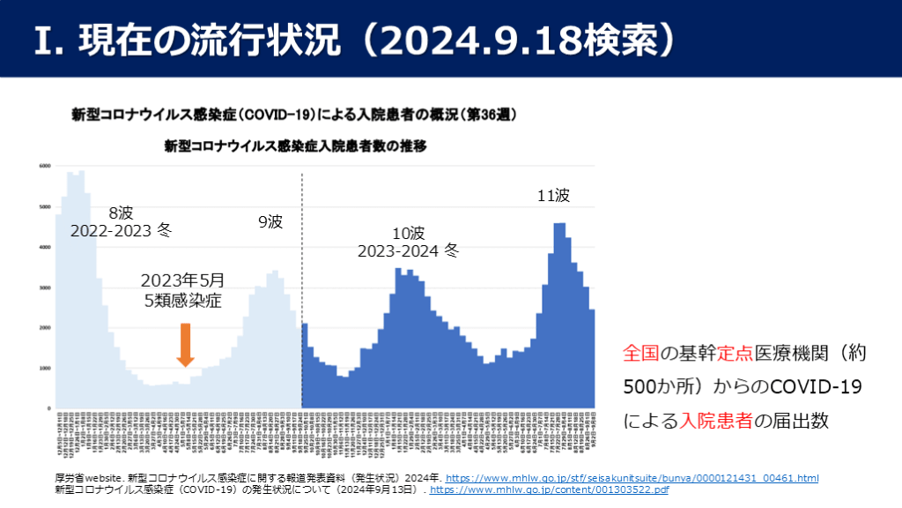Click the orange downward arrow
pos(185,345)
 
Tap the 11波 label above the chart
pos(554,196)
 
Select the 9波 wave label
pos(270,222)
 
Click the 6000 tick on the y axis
pos(44,166)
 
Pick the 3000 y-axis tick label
pos(44,288)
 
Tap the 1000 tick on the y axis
pos(44,368)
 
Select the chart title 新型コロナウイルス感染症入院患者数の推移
pos(295,146)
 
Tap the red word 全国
pos(641,355)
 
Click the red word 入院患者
pos(718,421)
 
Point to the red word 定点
pos(736,355)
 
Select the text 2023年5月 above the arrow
pos(182,280)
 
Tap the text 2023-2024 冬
pos(408,250)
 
